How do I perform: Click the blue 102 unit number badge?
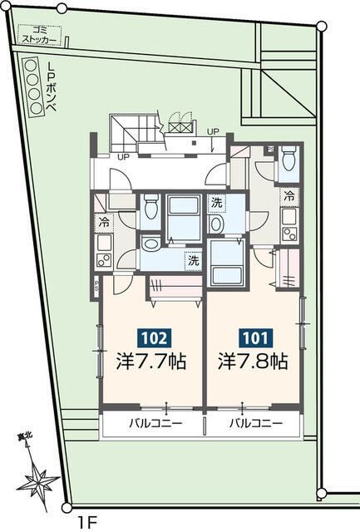click(154, 338)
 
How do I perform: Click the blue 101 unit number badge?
click(254, 338)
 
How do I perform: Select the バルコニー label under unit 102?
click(152, 423)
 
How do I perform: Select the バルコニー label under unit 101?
click(254, 423)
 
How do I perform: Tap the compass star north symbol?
click(37, 480)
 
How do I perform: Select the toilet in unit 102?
click(151, 205)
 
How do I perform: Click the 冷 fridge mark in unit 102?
click(105, 222)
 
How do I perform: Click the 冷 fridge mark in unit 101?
click(289, 197)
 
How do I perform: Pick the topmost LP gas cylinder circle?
click(31, 65)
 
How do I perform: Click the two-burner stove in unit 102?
click(105, 259)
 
